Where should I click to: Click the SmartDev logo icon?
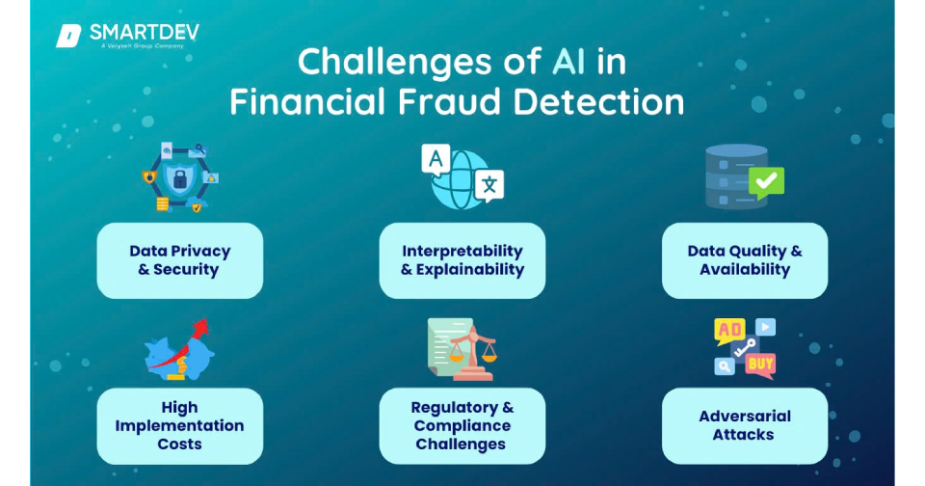pos(68,36)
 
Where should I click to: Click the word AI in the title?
pos(568,62)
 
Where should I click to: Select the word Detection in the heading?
pos(598,101)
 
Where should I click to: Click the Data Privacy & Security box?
pos(180,260)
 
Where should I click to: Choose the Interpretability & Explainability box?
pos(462,260)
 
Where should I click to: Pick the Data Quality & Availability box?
pos(745,260)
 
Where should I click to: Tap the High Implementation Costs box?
pos(180,426)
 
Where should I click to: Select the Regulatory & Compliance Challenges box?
pos(462,426)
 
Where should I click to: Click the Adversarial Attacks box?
pos(745,426)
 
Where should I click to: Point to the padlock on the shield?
pos(180,179)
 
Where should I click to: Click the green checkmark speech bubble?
pos(766,182)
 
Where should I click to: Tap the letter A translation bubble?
pos(436,159)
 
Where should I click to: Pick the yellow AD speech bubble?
pos(729,332)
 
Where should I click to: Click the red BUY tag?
pos(760,364)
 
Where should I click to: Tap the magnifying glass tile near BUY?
pos(725,366)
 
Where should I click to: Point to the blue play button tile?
pos(765,327)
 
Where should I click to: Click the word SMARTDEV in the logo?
pos(145,32)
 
